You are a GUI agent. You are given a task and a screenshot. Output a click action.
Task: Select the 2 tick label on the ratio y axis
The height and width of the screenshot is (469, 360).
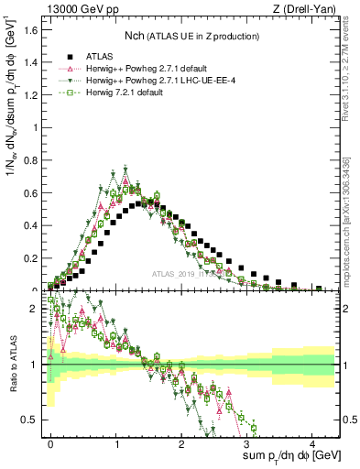(x=33, y=310)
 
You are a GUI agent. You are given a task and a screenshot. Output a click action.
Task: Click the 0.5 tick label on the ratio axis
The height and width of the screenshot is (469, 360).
(x=29, y=420)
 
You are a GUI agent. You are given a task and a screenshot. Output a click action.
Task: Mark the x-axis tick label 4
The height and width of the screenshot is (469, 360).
(x=313, y=442)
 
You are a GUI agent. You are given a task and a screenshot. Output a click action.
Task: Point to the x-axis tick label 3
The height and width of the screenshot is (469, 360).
(x=248, y=442)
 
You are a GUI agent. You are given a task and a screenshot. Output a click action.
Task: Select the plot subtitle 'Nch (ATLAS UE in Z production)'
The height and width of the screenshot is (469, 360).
(x=191, y=37)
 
